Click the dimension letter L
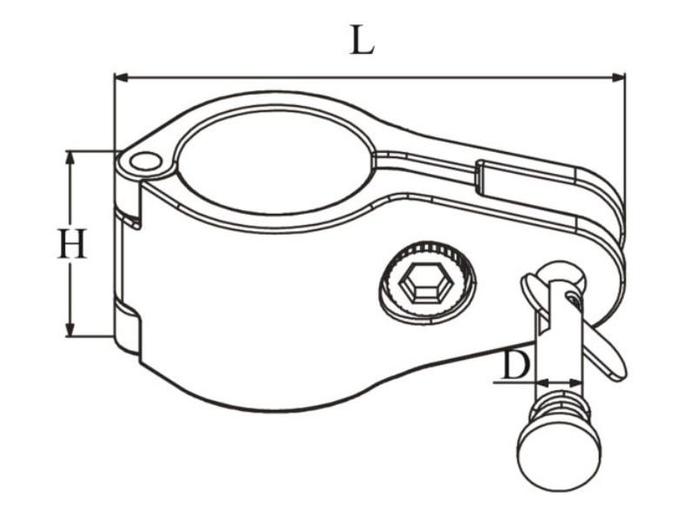coord(362,40)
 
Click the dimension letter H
coord(72,243)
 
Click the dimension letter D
coord(515,366)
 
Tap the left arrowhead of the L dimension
coord(121,78)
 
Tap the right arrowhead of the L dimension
coord(618,78)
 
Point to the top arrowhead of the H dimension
coord(70,157)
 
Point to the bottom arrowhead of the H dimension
coord(70,329)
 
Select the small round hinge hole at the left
coord(146,162)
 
